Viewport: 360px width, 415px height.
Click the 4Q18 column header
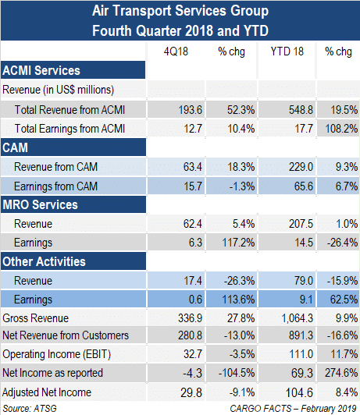click(x=176, y=51)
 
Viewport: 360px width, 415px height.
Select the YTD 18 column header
click(x=287, y=51)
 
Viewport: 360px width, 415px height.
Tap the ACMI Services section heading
click(x=41, y=70)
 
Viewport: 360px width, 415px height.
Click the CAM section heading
click(x=15, y=147)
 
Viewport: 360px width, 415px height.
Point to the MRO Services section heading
click(x=41, y=204)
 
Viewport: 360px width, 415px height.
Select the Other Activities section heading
click(x=44, y=261)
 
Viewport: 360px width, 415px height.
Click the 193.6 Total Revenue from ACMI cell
click(x=191, y=110)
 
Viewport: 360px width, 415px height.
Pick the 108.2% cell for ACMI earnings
click(x=341, y=129)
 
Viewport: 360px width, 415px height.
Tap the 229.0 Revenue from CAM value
click(x=301, y=167)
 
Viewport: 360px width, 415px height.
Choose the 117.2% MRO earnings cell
click(x=238, y=243)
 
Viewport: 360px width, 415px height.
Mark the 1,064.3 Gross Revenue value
click(x=298, y=318)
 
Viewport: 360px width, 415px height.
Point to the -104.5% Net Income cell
click(x=237, y=373)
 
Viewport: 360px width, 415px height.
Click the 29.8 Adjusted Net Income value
click(x=191, y=392)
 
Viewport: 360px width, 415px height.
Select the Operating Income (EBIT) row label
click(x=57, y=354)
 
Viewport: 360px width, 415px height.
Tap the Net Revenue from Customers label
click(x=66, y=335)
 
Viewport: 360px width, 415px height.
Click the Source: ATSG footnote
click(x=30, y=409)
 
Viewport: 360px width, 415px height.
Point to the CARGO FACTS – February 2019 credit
click(x=294, y=409)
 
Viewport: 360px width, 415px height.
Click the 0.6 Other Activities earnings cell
click(x=195, y=300)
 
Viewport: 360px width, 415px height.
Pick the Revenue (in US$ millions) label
click(x=59, y=90)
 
